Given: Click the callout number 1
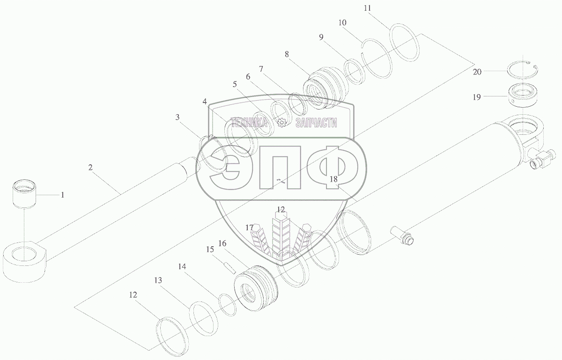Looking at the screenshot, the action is point(63,195).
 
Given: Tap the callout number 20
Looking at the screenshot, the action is point(477,72).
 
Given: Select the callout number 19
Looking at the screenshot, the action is point(477,97).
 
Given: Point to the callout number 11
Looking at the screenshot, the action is point(367,8).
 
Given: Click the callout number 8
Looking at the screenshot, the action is point(287,54).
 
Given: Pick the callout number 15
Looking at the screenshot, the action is point(210,249).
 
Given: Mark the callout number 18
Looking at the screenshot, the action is point(333,179).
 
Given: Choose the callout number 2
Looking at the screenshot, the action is point(90,167).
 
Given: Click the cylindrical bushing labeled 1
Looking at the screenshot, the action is point(24,194).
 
